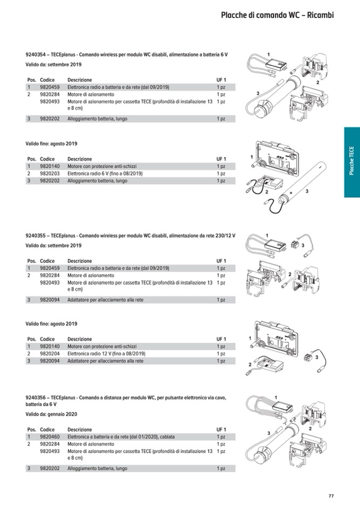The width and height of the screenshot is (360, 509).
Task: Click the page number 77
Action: [x=331, y=496]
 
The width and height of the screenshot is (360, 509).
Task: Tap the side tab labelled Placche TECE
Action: [x=352, y=162]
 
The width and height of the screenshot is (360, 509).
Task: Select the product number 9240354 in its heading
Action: [x=36, y=55]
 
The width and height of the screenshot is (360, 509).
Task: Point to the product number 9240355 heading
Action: [x=36, y=235]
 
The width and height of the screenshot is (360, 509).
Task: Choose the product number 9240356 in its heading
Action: [x=36, y=397]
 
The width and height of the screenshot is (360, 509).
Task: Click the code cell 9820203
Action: [x=49, y=174]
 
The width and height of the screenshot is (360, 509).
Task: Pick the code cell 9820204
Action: [x=49, y=353]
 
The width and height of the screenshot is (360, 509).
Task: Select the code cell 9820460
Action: [x=49, y=437]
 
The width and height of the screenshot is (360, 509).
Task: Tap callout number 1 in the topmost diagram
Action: [x=269, y=54]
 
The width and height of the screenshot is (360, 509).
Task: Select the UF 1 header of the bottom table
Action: [x=221, y=429]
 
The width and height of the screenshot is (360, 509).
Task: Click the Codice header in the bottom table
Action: [x=47, y=429]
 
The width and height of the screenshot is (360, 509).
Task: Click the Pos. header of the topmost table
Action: [x=31, y=80]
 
